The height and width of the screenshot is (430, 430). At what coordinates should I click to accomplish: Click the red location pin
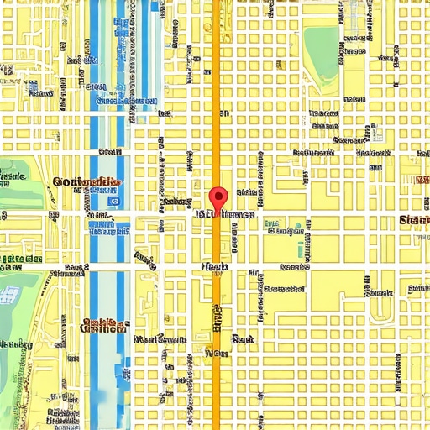click(x=218, y=200)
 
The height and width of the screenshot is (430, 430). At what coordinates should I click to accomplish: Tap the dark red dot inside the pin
click(x=218, y=197)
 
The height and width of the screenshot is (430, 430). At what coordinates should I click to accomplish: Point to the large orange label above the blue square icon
click(x=85, y=181)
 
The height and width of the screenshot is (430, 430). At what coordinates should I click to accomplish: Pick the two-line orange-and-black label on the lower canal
click(x=101, y=326)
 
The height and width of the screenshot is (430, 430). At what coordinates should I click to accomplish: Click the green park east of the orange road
click(x=320, y=43)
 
